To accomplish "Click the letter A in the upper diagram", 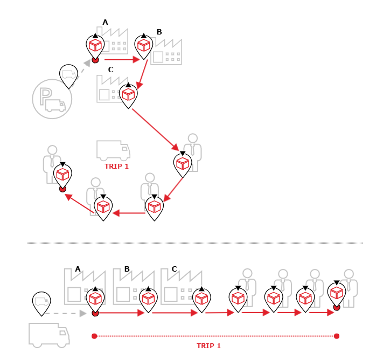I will click(x=105, y=22).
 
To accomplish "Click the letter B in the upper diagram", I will click(x=159, y=32).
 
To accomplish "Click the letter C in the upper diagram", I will click(x=110, y=70).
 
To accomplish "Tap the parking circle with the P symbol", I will click(x=52, y=98).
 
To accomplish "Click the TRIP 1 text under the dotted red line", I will click(x=208, y=346).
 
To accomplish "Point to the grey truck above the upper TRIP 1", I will click(x=113, y=150).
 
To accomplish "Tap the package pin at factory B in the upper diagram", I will click(x=143, y=46).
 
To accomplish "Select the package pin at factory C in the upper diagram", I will click(x=128, y=95).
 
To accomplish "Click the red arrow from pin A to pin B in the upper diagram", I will click(x=122, y=59).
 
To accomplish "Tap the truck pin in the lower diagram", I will click(x=41, y=303).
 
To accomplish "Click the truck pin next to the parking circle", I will click(x=68, y=75).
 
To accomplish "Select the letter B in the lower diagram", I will click(x=127, y=269).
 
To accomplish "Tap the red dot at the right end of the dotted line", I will click(x=337, y=336).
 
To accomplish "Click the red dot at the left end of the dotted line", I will click(x=94, y=336).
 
